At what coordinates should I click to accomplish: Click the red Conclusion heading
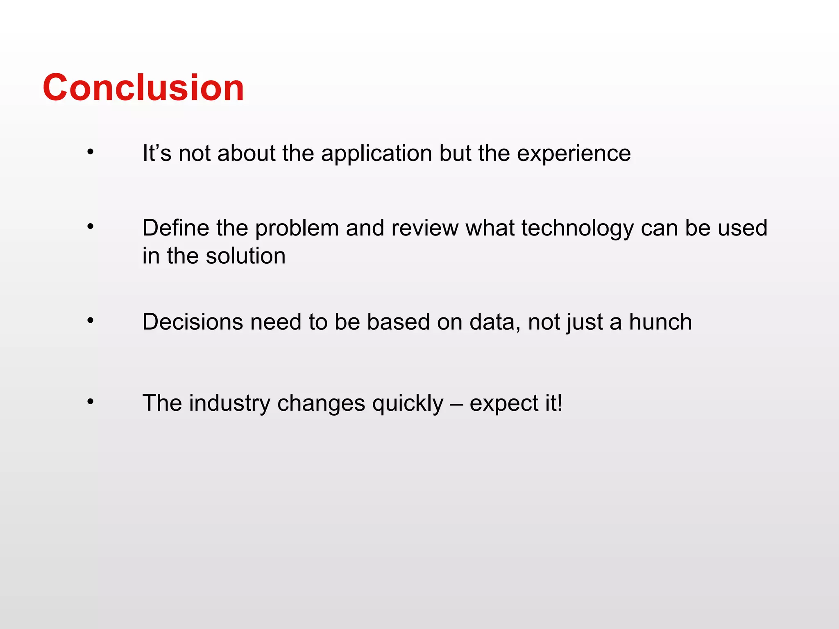[x=143, y=87]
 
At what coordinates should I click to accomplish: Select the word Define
[x=176, y=228]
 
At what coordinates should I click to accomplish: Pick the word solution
[x=245, y=256]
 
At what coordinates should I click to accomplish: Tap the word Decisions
[x=193, y=322]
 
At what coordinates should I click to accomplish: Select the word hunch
[x=660, y=322]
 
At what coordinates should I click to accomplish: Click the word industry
[x=229, y=403]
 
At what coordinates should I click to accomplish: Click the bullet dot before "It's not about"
[x=91, y=152]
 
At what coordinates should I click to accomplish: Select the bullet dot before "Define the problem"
[x=91, y=226]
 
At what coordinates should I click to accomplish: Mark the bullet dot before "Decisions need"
[x=91, y=321]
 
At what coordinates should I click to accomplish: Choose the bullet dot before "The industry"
[x=91, y=402]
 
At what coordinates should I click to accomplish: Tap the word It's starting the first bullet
[x=157, y=154]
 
